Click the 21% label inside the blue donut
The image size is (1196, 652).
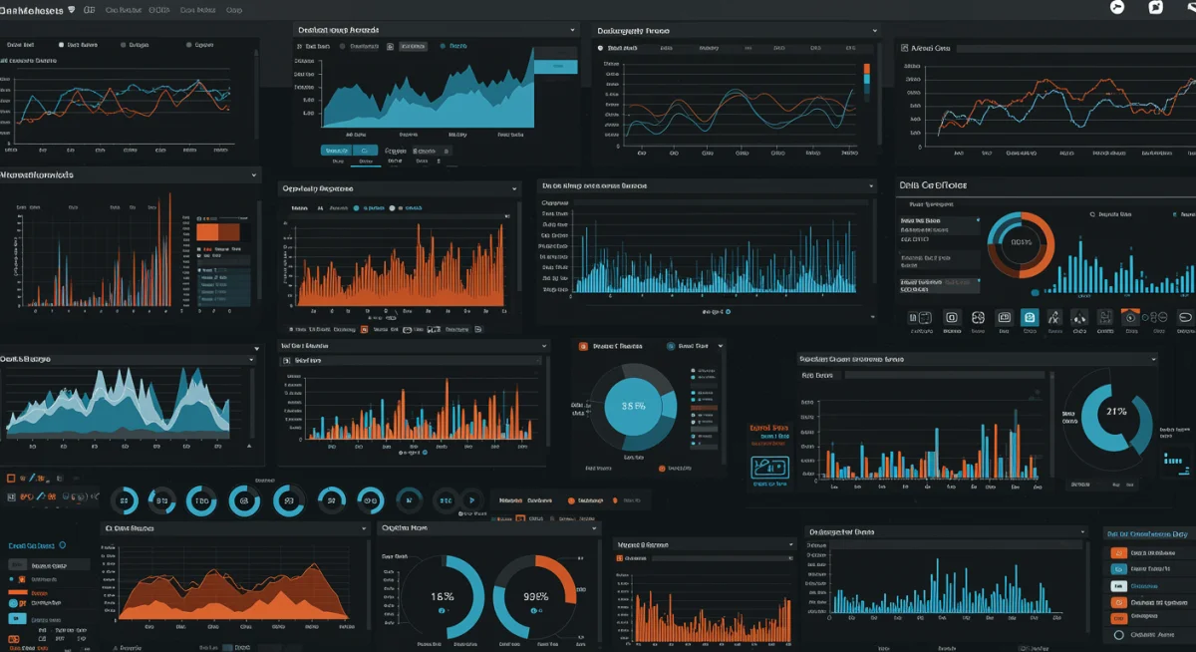coord(1116,411)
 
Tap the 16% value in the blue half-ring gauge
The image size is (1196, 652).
coord(443,596)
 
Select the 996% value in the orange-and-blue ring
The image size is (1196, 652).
coord(536,596)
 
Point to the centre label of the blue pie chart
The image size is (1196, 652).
coord(633,406)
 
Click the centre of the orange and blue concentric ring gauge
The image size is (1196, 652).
coord(1021,242)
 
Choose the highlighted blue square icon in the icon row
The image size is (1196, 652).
coord(1030,318)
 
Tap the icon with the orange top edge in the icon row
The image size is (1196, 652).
coord(1130,318)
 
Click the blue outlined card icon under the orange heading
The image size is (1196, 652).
coord(769,467)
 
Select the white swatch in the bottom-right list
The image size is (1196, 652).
coord(1119,585)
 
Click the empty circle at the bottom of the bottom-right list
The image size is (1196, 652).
coord(1119,634)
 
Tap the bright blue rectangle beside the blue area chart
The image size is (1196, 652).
coord(555,66)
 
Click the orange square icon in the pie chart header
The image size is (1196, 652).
coord(585,346)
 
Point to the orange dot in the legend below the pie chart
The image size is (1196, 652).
coord(661,467)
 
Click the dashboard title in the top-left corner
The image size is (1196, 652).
coord(33,10)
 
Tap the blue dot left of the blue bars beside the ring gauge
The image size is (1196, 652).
coord(1036,292)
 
